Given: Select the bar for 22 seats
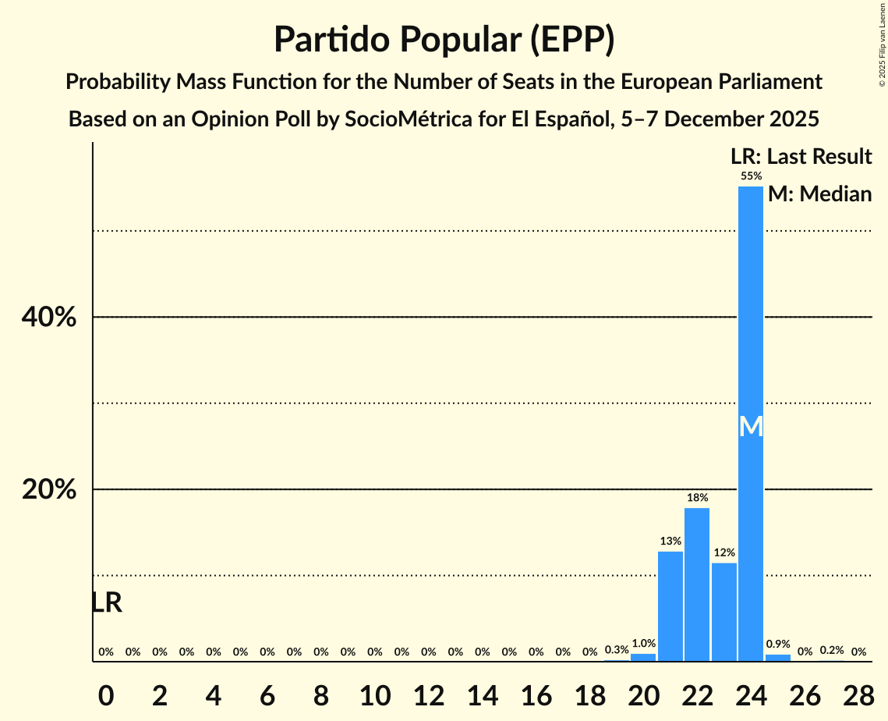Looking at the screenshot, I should pos(697,584).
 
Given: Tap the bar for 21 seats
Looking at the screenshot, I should pos(670,606).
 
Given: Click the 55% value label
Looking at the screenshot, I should pos(751,176).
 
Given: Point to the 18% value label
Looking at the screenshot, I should pos(697,497).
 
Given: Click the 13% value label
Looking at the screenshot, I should pos(670,541).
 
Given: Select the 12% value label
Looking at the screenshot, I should pos(724,552).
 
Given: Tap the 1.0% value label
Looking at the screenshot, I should pos(643,644).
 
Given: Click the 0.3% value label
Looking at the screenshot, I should pos(617,649).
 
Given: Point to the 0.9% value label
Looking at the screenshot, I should pos(778,645).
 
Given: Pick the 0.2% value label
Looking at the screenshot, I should pos(832,650).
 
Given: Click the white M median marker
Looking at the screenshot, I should pos(751,426).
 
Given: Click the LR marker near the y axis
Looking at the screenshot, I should pos(106,602).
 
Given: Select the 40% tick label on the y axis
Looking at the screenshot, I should pos(48,318).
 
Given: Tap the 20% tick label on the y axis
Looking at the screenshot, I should pos(48,490).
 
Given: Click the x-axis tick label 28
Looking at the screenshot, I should pos(858,691).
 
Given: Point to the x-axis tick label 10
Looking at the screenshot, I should pos(374,691).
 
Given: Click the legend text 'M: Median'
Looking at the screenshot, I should pos(819,194).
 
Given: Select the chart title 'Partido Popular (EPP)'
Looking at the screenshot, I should pos(444,39).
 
